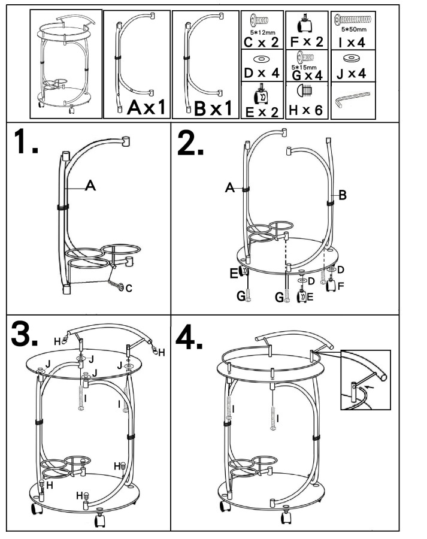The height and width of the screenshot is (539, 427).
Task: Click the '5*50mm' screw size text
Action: click(353, 28)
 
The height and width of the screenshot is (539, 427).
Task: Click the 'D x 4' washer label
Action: click(262, 73)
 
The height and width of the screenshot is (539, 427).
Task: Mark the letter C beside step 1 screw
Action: click(129, 288)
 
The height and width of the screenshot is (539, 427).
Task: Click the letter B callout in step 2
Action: click(343, 194)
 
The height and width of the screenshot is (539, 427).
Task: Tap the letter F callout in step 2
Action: click(341, 286)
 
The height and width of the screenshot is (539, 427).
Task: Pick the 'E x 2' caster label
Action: click(262, 111)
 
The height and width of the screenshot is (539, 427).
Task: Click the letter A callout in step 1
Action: click(90, 186)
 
